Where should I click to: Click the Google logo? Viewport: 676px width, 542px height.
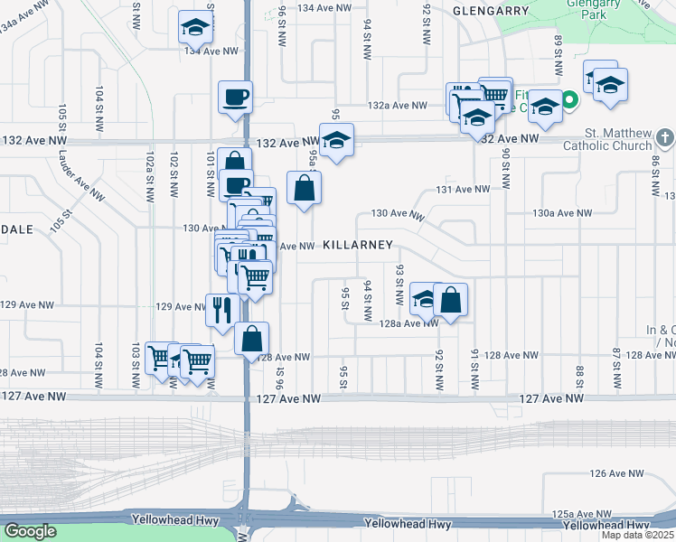(30, 531)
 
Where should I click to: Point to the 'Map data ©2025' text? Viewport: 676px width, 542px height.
(636, 535)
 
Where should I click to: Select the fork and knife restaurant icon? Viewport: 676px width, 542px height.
(221, 310)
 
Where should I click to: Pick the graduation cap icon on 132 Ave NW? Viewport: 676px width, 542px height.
(336, 140)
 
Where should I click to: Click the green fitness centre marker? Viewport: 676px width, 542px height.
(570, 99)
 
